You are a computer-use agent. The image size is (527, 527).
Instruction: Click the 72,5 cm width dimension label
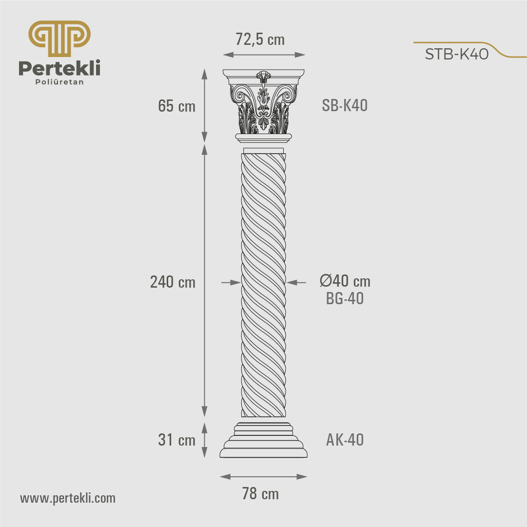pos(260,39)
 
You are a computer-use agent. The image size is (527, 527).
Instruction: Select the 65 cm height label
pos(177,106)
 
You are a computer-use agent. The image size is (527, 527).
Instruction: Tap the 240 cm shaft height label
pos(173,282)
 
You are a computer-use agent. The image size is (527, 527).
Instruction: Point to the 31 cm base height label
pos(177,440)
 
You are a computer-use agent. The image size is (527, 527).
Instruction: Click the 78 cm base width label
pos(260,493)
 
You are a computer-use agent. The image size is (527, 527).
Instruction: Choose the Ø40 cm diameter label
pos(345,281)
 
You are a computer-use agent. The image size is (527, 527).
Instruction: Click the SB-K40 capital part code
pos(345,105)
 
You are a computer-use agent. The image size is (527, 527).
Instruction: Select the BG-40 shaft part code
pos(345,298)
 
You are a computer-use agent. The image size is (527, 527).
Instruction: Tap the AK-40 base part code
pos(345,440)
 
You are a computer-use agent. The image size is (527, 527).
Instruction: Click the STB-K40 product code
pos(457,54)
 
